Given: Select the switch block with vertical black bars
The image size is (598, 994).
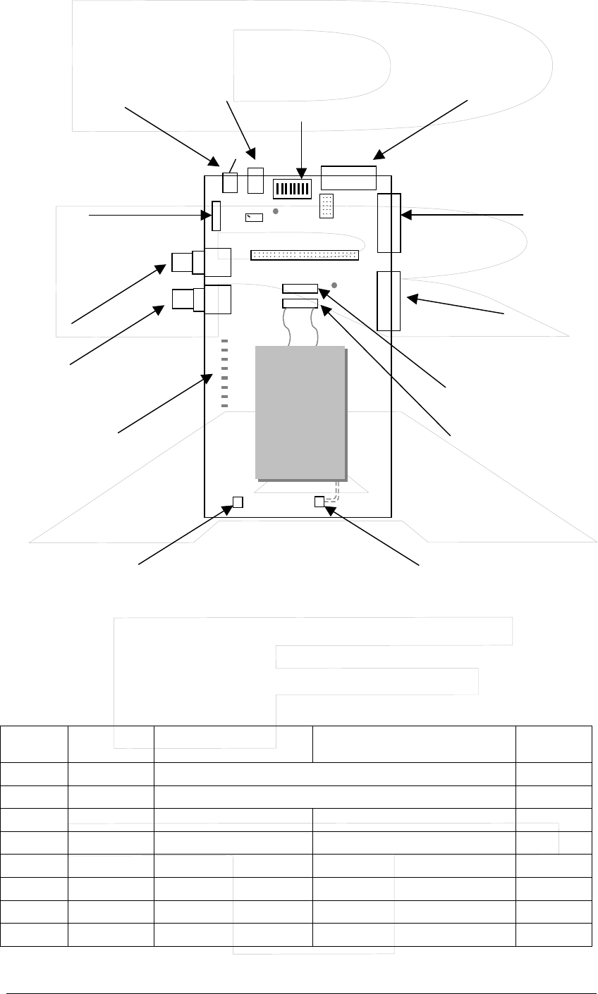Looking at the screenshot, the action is click(x=292, y=188).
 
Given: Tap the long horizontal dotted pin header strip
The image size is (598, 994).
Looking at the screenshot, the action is click(x=304, y=254).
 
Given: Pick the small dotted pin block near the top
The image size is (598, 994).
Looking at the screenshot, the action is click(x=327, y=206).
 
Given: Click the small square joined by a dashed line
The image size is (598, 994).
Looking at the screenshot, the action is click(x=319, y=501).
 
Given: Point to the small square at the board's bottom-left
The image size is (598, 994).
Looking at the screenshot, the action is click(x=238, y=502).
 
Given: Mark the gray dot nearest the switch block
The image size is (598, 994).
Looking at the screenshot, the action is click(x=276, y=211).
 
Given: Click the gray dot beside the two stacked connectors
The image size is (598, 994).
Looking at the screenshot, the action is click(x=334, y=285).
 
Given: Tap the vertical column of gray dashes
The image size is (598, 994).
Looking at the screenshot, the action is click(x=225, y=373).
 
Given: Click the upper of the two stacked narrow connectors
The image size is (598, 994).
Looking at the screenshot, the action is click(x=300, y=288).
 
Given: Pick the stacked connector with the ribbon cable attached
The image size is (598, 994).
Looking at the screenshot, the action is click(x=300, y=303).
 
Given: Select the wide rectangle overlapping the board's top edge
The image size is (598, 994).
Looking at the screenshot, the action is click(x=348, y=178).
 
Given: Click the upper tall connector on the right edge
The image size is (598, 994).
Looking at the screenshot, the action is click(x=389, y=223).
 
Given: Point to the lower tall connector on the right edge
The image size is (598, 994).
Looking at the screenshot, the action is click(x=389, y=301).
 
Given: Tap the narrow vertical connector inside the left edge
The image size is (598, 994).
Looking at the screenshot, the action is click(x=216, y=215).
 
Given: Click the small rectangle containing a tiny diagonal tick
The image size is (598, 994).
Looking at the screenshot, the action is click(x=254, y=217).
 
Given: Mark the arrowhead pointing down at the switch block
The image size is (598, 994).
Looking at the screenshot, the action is click(x=302, y=171).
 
